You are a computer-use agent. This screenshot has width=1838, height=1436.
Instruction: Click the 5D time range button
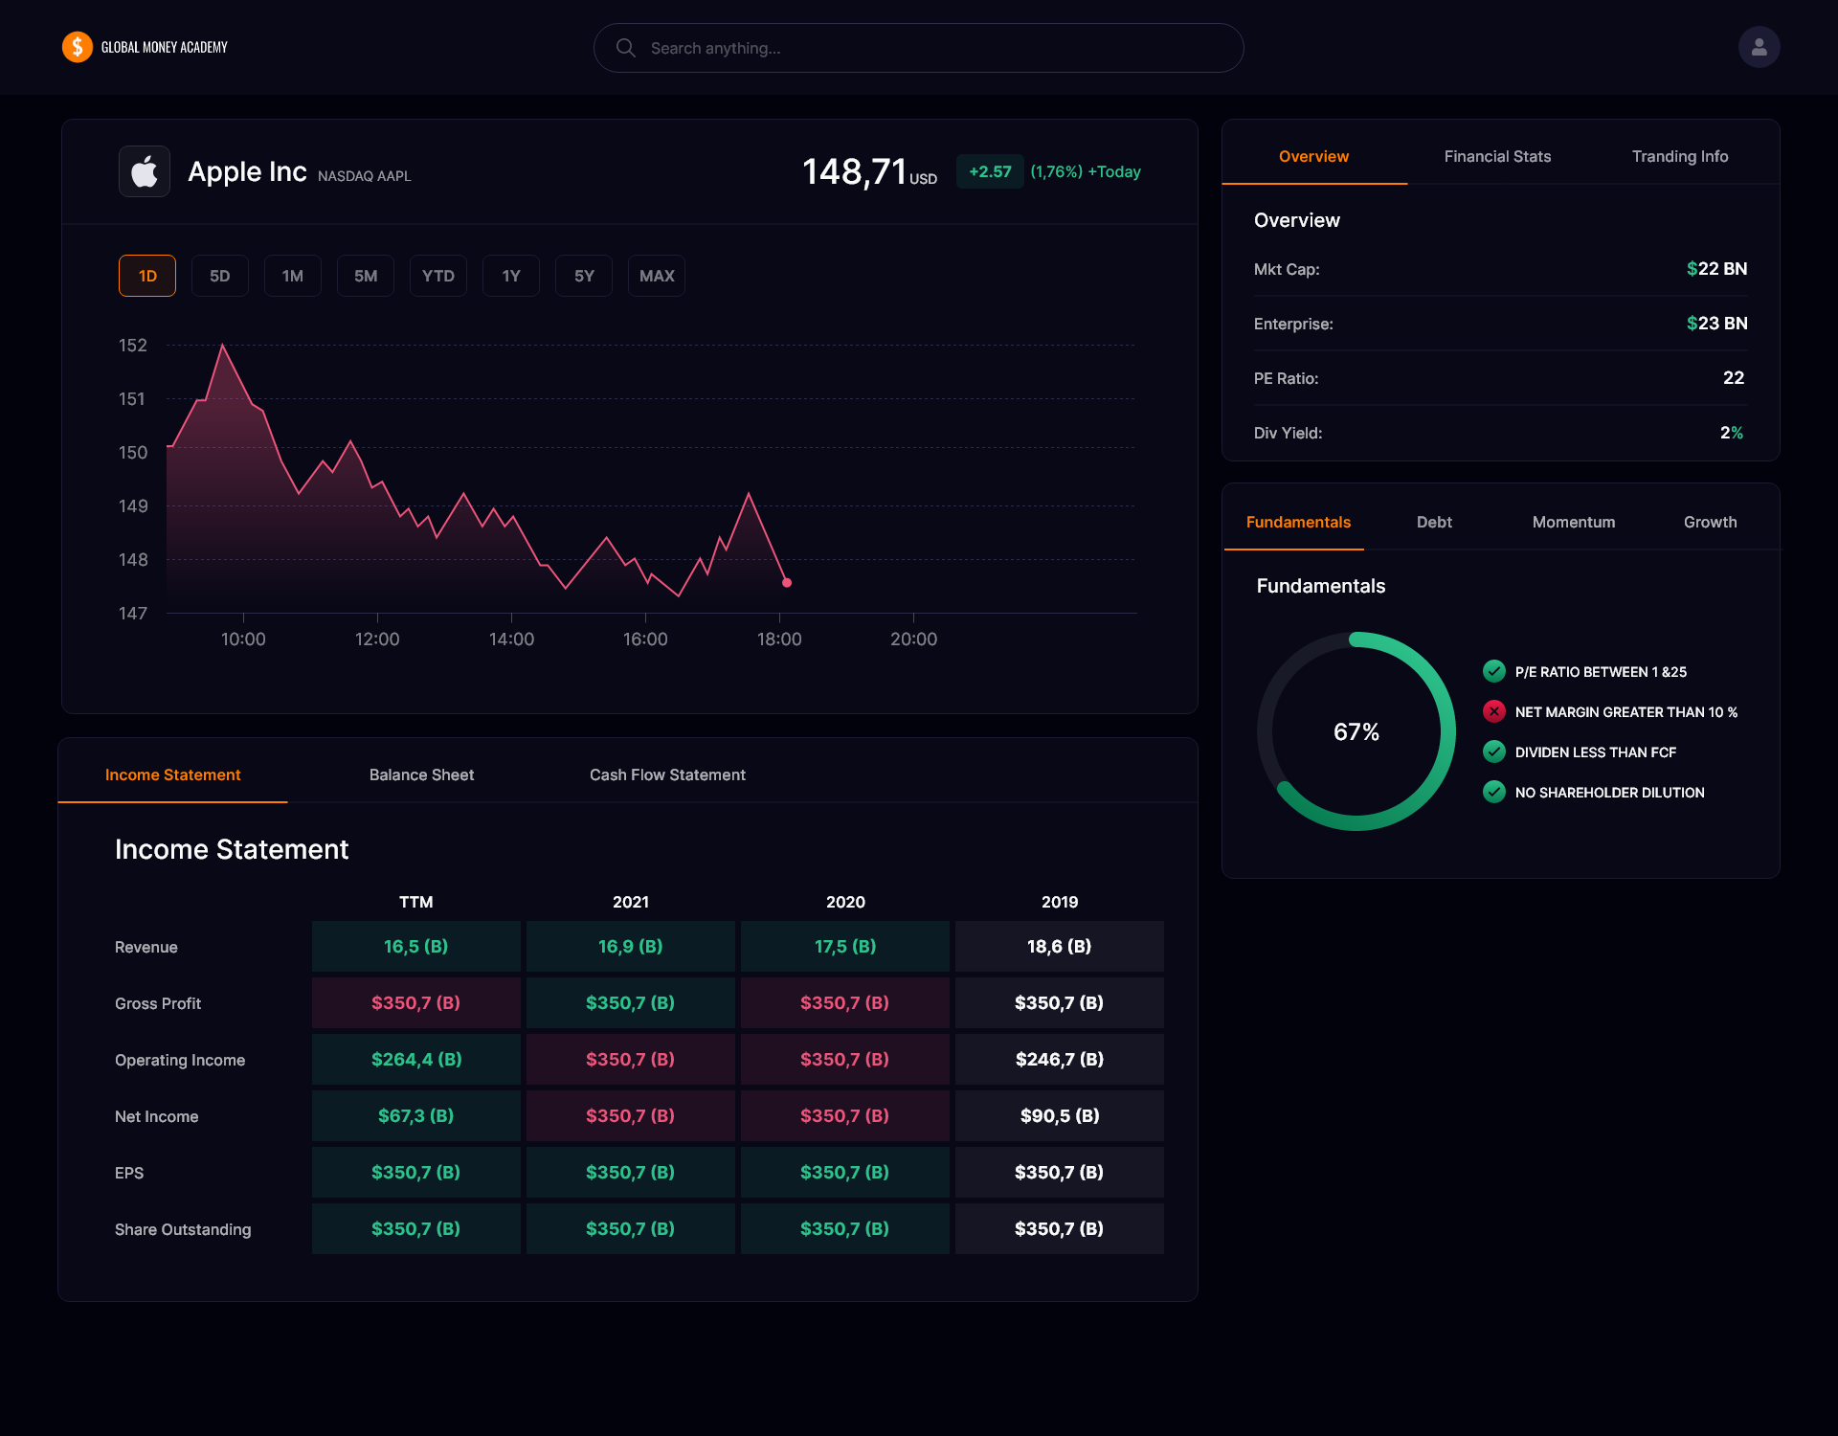point(220,276)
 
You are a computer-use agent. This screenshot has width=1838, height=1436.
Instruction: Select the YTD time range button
point(438,276)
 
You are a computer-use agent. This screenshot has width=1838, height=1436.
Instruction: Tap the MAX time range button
point(657,276)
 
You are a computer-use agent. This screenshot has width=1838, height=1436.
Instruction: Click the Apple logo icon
point(145,171)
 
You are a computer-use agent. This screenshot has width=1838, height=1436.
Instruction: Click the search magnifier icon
point(626,48)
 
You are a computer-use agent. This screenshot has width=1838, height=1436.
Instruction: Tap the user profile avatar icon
point(1759,47)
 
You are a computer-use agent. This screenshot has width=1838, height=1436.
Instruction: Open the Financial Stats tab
point(1497,156)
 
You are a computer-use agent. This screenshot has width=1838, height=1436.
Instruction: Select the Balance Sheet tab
point(421,774)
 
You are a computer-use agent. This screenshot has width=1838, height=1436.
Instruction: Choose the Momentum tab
point(1573,522)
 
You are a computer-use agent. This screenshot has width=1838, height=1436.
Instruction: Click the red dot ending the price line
point(787,582)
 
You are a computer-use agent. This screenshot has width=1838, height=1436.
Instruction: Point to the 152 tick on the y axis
point(133,345)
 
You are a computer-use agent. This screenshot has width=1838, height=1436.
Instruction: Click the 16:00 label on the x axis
point(645,639)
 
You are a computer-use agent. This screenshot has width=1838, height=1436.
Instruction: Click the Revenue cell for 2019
point(1059,946)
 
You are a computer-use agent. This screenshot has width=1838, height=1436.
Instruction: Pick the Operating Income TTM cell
point(416,1059)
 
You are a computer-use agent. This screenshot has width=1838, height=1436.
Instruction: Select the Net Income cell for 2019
point(1059,1115)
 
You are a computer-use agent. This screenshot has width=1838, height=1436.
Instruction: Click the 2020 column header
point(845,902)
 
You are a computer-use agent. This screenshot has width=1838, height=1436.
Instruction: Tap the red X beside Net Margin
point(1493,711)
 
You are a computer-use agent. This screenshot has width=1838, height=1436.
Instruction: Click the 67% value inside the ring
point(1356,732)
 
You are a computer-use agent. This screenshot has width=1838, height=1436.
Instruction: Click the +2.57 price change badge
point(990,171)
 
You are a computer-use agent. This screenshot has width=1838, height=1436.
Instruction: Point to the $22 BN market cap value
point(1716,269)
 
